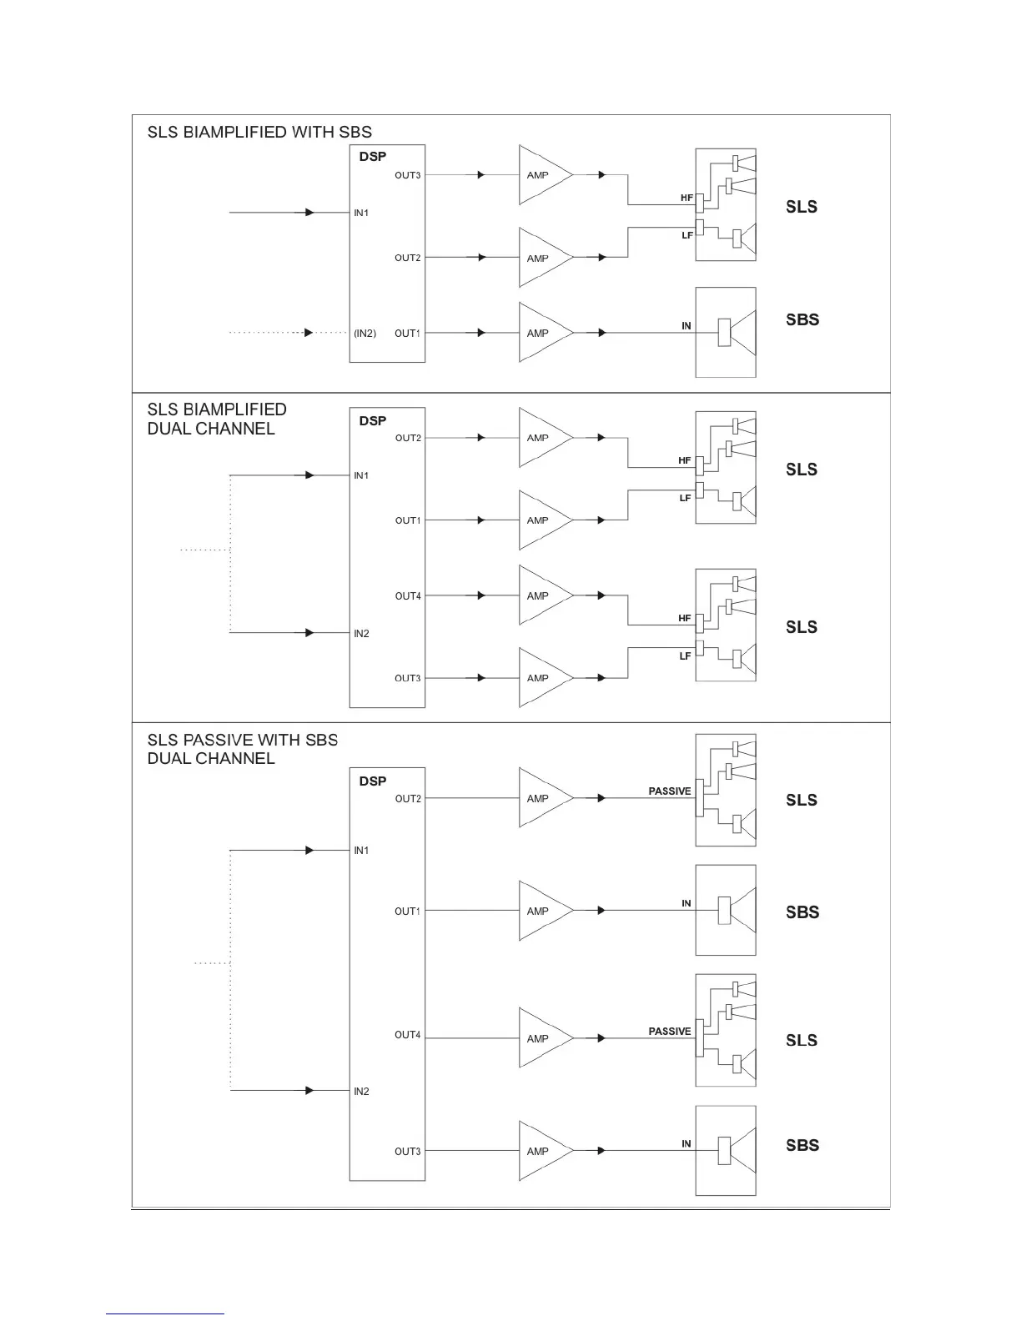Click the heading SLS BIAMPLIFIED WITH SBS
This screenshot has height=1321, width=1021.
259,132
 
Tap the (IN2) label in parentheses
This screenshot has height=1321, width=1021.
365,334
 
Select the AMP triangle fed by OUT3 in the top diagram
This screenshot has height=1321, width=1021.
542,175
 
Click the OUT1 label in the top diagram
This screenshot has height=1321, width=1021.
408,334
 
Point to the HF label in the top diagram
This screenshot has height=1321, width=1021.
687,198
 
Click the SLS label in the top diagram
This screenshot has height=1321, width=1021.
801,207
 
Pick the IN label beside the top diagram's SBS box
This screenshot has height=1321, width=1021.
687,326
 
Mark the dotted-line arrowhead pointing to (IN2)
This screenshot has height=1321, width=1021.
309,333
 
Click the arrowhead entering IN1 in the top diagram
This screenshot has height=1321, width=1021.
309,213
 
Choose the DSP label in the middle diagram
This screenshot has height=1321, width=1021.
373,421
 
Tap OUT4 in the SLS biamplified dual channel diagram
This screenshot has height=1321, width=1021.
408,596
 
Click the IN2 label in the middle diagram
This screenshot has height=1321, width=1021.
361,634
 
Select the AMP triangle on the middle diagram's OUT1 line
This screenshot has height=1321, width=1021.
542,520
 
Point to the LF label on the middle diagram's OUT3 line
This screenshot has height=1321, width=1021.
685,656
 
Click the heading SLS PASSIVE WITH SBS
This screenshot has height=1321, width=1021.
243,740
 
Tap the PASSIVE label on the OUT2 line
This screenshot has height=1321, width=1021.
670,791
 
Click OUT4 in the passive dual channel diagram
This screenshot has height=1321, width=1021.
408,1035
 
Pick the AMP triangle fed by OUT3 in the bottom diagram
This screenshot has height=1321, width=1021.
542,1151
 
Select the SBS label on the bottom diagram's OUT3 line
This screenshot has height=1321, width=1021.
802,1145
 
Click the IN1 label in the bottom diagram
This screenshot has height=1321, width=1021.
361,851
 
